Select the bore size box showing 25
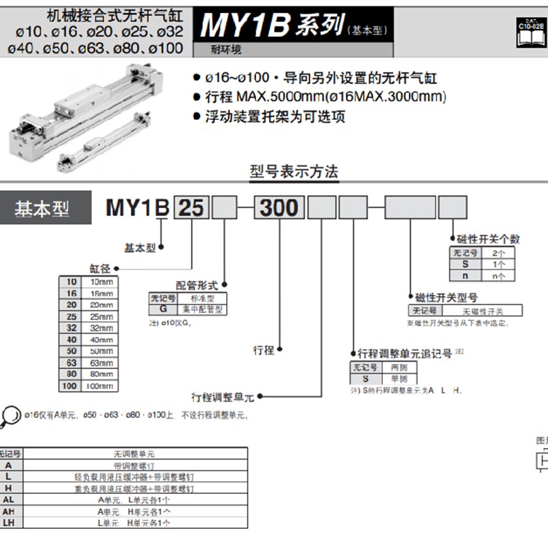[191, 208]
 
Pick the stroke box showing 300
[279, 208]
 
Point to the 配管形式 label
[197, 285]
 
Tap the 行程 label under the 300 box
[264, 350]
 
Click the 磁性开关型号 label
[447, 297]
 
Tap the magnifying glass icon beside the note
[10, 414]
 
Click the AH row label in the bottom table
[9, 511]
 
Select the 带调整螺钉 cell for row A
[134, 464]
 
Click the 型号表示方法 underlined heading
[295, 172]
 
